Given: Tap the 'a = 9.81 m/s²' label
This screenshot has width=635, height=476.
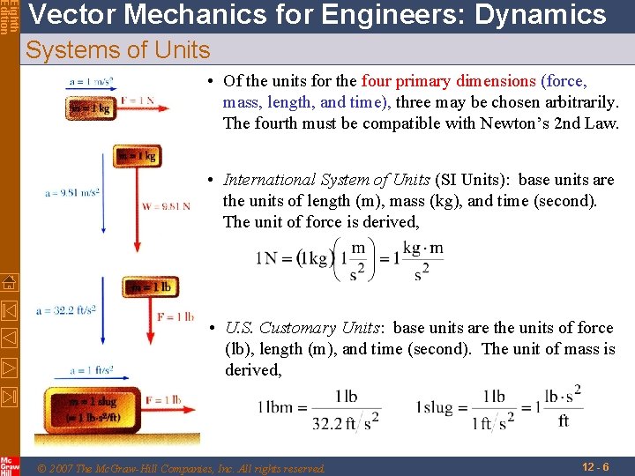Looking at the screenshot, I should click(71, 192).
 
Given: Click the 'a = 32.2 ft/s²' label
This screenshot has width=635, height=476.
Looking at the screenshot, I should click(66, 310).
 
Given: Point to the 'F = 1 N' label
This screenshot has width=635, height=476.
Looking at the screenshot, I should click(138, 100).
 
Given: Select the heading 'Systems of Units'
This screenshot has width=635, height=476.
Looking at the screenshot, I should click(118, 50).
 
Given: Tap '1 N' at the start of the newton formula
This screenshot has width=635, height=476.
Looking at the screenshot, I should click(266, 258).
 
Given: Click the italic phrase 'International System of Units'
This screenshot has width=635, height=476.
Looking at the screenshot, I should click(326, 180).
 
